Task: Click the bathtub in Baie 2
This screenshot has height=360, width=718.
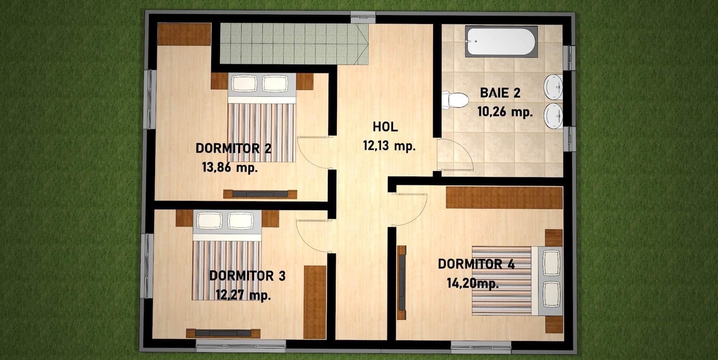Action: [501, 42]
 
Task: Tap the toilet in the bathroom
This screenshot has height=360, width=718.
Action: [455, 100]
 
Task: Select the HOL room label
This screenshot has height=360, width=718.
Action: [385, 127]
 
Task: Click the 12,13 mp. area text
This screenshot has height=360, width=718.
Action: [389, 146]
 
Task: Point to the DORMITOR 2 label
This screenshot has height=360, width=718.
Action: [233, 148]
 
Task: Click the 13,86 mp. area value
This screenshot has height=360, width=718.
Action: [230, 167]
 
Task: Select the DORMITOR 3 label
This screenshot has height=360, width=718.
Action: [247, 276]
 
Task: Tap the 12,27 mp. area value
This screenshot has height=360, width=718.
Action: [244, 295]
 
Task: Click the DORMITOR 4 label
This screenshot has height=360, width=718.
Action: [476, 264]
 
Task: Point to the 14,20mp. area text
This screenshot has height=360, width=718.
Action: [473, 283]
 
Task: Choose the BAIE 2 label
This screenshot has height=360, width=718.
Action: [500, 93]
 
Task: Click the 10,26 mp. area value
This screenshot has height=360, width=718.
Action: [505, 112]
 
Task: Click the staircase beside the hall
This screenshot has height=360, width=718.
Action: [294, 44]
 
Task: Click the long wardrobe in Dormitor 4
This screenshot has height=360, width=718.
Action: [504, 197]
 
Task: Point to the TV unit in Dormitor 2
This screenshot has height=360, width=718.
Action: [260, 194]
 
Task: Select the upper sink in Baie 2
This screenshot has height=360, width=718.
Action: [554, 87]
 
